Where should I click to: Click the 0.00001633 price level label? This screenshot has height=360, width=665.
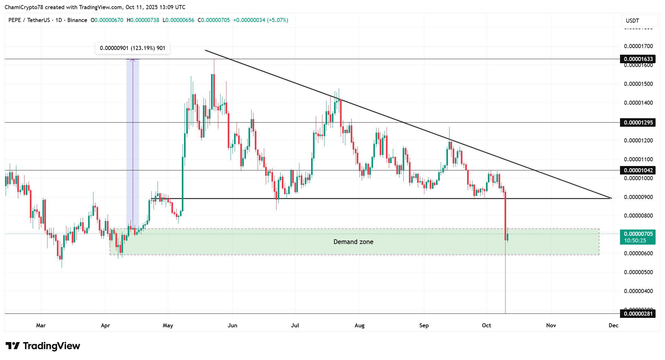pyautogui.click(x=638, y=59)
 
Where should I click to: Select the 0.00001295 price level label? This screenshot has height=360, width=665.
pyautogui.click(x=638, y=123)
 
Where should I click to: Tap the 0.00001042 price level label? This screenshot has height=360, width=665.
pyautogui.click(x=638, y=170)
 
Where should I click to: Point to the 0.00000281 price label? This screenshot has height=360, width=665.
pyautogui.click(x=638, y=313)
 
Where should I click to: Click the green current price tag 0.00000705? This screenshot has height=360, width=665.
pyautogui.click(x=638, y=234)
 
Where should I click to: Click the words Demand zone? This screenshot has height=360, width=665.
pyautogui.click(x=353, y=242)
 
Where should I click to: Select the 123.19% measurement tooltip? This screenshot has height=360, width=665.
pyautogui.click(x=132, y=48)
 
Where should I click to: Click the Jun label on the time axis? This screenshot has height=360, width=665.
pyautogui.click(x=232, y=325)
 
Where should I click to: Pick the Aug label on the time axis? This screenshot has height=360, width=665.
pyautogui.click(x=359, y=325)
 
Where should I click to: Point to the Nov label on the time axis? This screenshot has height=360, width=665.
pyautogui.click(x=551, y=325)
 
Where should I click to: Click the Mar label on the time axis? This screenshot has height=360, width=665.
pyautogui.click(x=41, y=325)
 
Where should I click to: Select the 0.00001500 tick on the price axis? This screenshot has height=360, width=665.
pyautogui.click(x=638, y=84)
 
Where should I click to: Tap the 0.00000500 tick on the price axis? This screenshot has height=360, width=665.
pyautogui.click(x=638, y=272)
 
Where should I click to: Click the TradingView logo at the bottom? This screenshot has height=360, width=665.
pyautogui.click(x=43, y=346)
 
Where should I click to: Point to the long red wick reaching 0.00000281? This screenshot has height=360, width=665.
pyautogui.click(x=505, y=283)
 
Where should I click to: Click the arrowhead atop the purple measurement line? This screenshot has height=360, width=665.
pyautogui.click(x=133, y=60)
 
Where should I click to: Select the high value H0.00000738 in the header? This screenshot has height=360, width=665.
pyautogui.click(x=143, y=20)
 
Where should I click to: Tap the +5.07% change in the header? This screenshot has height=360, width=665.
pyautogui.click(x=277, y=20)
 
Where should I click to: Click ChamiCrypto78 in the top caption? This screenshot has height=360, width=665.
pyautogui.click(x=24, y=7)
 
